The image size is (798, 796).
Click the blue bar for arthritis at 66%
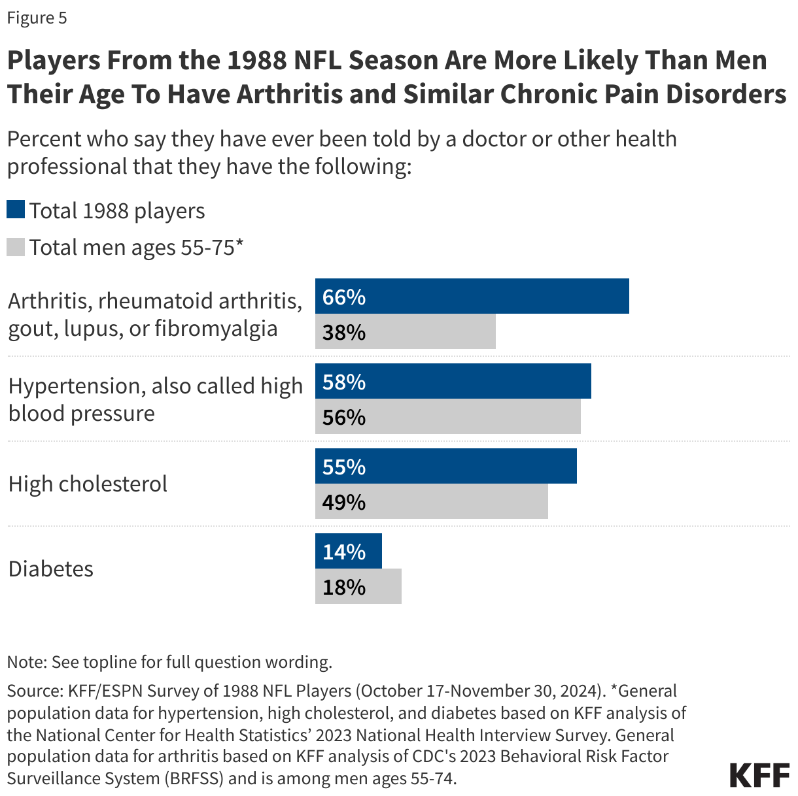pos(472,296)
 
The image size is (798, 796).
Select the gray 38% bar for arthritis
pos(405,332)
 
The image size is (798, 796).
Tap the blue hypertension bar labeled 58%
pos(453,381)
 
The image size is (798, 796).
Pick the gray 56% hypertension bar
pos(447,417)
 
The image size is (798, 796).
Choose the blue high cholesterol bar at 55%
pos(445,466)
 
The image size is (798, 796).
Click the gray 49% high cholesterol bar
pos(431,502)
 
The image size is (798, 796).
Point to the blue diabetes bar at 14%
pos(348,551)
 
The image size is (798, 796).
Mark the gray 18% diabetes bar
pos(358,587)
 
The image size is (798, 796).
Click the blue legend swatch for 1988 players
pos(16,210)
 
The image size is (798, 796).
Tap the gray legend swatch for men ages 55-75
pos(16,247)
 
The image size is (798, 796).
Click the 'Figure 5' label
pos(37,18)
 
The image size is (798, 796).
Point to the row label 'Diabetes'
pos(51,569)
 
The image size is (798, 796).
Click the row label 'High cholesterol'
pos(88,484)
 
